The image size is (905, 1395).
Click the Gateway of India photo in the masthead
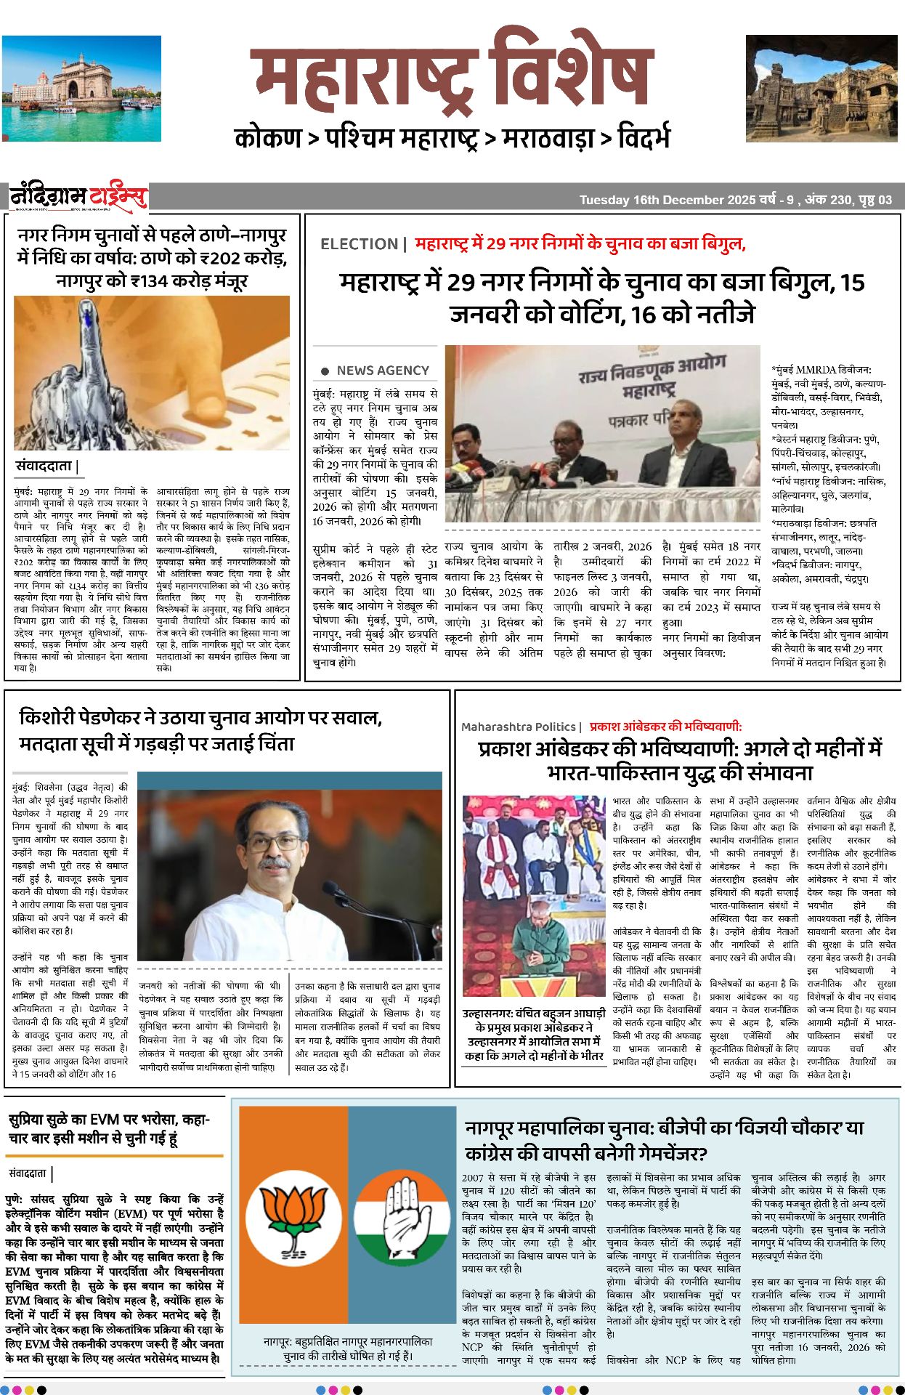(x=81, y=88)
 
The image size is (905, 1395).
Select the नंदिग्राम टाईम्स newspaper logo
(x=78, y=197)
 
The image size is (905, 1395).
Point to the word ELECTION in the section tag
(x=359, y=244)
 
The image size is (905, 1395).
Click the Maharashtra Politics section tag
(x=519, y=727)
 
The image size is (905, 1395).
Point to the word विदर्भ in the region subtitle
(x=644, y=138)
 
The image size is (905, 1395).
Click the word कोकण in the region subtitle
(x=268, y=138)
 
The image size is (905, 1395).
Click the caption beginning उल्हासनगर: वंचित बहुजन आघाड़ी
(x=534, y=1035)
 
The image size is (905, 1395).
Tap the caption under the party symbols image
(x=347, y=1348)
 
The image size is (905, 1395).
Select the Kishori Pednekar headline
(x=200, y=730)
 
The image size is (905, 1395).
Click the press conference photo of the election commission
(x=602, y=434)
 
